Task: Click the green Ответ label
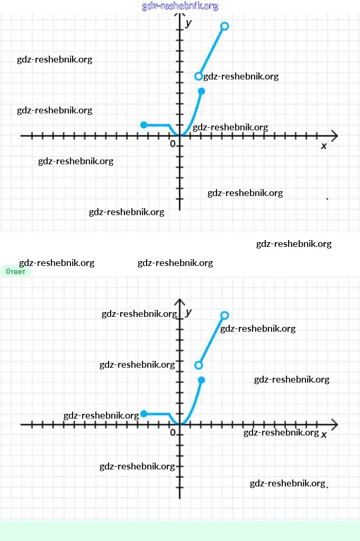(x=15, y=271)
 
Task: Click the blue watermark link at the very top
(x=180, y=6)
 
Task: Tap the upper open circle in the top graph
(x=224, y=26)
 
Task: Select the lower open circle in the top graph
(x=199, y=76)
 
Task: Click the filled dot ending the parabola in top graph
(x=201, y=91)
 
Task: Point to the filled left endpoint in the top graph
(x=144, y=125)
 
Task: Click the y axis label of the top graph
(x=188, y=23)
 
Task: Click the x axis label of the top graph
(x=323, y=146)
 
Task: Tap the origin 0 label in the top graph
(x=173, y=144)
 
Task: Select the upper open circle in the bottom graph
(x=224, y=315)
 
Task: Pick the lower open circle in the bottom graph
(x=199, y=365)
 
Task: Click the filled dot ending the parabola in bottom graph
(x=201, y=380)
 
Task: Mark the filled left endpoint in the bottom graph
(x=144, y=414)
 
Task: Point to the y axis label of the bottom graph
(x=188, y=312)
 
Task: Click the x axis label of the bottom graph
(x=323, y=434)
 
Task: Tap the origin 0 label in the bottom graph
(x=173, y=432)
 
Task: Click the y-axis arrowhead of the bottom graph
(x=179, y=302)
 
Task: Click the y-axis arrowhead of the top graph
(x=179, y=15)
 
